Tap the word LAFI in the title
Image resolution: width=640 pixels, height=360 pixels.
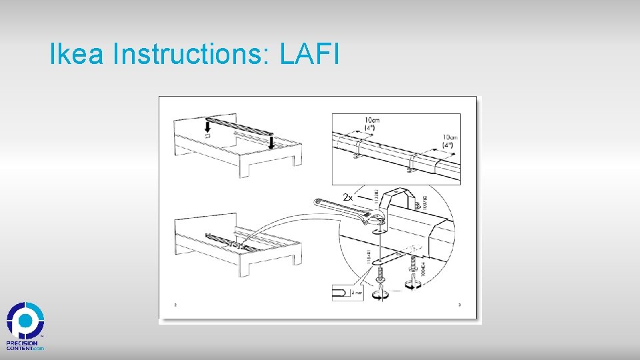[310, 55]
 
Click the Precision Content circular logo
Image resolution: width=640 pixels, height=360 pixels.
[25, 321]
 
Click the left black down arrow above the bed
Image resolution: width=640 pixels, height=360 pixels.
[207, 127]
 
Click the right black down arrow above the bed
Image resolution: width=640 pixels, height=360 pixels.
[271, 141]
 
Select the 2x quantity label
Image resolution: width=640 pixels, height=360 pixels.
[348, 197]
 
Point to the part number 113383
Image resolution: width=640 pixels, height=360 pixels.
[376, 197]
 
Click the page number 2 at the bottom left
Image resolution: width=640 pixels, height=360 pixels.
[175, 305]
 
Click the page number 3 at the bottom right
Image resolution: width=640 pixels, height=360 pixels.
[459, 305]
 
